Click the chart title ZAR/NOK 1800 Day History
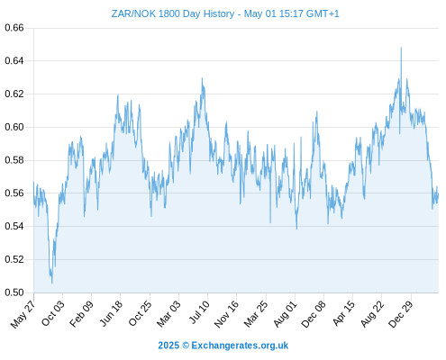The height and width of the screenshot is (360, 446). pos(173,13)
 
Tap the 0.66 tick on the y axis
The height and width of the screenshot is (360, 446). pos(14,28)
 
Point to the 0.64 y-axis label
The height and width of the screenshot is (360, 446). pos(14,61)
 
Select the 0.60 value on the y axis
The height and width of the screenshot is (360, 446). pos(14,127)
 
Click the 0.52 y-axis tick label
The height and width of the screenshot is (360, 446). pos(14,259)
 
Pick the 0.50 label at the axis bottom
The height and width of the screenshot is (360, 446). pos(14,292)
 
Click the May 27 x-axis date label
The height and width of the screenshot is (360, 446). pos(23,314)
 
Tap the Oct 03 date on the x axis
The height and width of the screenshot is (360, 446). pos(53,313)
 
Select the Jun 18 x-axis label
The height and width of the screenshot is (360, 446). pos(111,313)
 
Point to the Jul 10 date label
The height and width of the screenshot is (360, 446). pos(199,312)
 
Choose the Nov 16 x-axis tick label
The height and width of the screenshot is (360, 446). pos(227,313)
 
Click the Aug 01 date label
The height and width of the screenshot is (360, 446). pos(285,313)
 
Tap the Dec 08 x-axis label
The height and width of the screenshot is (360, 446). pos(314,314)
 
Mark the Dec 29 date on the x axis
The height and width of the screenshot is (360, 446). pos(401,314)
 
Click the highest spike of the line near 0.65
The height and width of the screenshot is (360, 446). pos(401,48)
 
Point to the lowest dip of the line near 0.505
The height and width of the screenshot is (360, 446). pos(52,283)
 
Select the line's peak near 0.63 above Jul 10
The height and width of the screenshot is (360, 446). pos(202,78)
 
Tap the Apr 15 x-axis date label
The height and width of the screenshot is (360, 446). pos(344,313)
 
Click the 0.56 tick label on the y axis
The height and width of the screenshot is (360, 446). pos(14,193)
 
